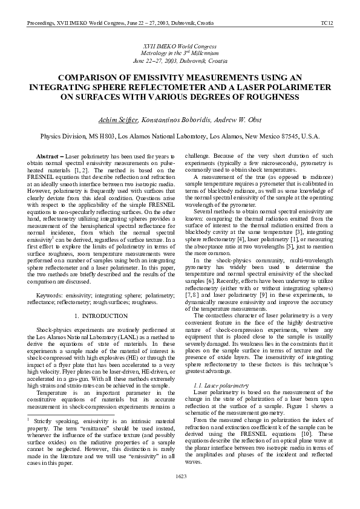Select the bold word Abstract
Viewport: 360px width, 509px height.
[50, 156]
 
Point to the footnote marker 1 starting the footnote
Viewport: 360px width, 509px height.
[29, 418]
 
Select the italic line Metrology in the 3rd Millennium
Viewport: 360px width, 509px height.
[180, 53]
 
